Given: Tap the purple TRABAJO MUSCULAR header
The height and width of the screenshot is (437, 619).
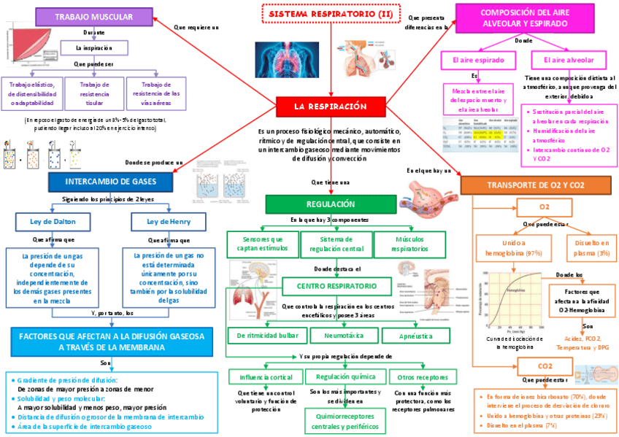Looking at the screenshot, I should pos(93,17).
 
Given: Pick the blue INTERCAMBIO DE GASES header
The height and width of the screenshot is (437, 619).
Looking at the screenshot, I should pos(110,180).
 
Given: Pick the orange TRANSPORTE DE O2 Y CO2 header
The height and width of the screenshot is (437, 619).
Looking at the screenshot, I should pos(536,185).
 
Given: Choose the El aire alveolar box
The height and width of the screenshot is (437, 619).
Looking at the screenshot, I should pos(569,60).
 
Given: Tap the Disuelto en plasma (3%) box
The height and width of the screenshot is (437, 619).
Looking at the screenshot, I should pos(592,247).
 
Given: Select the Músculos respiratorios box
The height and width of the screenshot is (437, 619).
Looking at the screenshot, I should pos(409,244).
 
